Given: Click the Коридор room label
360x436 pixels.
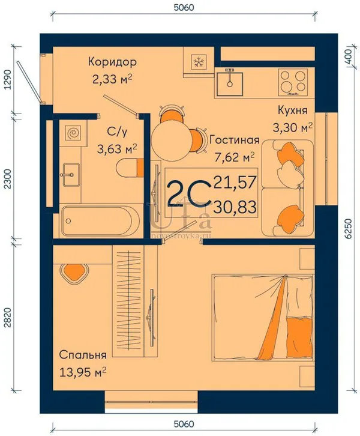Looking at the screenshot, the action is (112, 62).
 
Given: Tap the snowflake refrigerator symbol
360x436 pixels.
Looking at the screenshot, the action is (199, 61).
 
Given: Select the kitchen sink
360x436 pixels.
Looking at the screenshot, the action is (230, 83).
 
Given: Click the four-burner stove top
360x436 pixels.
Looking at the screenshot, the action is (293, 83).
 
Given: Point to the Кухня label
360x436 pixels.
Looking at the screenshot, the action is (293, 111).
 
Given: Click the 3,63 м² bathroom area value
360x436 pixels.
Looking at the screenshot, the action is (117, 149).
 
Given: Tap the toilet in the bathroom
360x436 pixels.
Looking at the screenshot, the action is (130, 168).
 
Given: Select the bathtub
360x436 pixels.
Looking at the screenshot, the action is (100, 221).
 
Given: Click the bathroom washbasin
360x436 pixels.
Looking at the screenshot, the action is (71, 175).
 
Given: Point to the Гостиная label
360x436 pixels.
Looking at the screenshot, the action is (235, 139).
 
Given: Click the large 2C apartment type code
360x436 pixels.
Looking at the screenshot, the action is (189, 193).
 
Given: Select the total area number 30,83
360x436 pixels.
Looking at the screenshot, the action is (235, 207).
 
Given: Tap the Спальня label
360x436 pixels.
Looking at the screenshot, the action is (83, 355).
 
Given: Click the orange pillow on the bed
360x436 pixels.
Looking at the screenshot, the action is (299, 338).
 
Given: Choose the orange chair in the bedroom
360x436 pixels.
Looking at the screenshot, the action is (74, 273).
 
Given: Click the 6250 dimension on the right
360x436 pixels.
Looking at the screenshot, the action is (347, 229).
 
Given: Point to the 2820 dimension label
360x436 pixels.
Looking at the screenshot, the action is (9, 317).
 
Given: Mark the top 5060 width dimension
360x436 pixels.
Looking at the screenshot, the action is (184, 7).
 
